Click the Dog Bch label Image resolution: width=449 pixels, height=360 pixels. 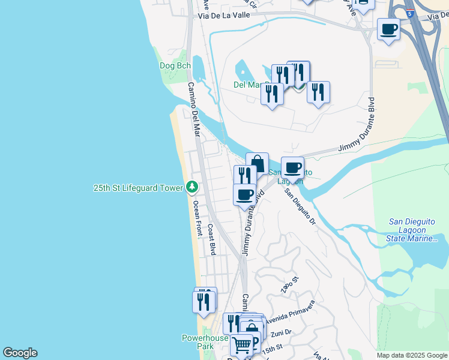click(x=175, y=65)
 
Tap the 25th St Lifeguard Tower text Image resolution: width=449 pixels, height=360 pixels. click(x=138, y=188)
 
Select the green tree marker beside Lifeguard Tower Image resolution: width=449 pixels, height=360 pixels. click(x=192, y=188)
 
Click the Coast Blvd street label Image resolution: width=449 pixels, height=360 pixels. click(x=211, y=240)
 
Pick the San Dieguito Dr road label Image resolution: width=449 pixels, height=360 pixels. click(x=300, y=207)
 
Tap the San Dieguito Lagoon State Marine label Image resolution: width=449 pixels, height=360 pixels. click(x=414, y=230)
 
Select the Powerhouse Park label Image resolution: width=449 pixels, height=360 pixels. click(x=205, y=342)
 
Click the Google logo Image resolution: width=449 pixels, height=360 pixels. click(x=20, y=353)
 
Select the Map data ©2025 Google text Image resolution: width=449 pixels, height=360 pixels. click(x=412, y=355)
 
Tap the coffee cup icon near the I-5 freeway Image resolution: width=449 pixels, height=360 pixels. click(x=389, y=28)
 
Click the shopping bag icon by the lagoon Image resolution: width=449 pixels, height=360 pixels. click(x=257, y=163)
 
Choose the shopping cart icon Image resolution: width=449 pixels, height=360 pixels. click(x=241, y=344)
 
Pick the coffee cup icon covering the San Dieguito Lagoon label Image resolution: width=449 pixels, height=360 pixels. click(x=292, y=167)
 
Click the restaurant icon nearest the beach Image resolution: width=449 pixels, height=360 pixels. click(x=203, y=300)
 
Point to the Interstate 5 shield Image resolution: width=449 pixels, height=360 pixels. click(x=409, y=13)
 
